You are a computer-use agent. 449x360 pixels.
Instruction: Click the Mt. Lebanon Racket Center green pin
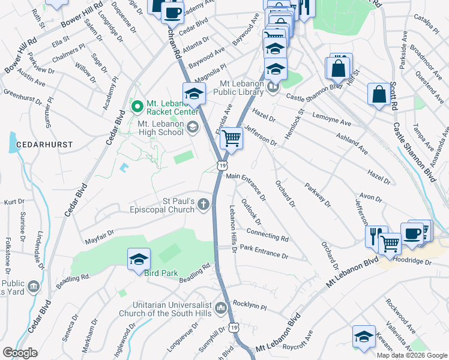pyautogui.click(x=137, y=107)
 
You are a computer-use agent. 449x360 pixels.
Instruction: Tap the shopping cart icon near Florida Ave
pyautogui.click(x=231, y=139)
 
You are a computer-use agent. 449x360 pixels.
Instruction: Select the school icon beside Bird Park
pyautogui.click(x=139, y=259)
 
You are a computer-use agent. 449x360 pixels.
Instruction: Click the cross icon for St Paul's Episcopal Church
pyautogui.click(x=204, y=205)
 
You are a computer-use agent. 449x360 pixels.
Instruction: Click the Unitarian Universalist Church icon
pyautogui.click(x=221, y=308)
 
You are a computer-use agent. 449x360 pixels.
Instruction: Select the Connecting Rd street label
pyautogui.click(x=267, y=234)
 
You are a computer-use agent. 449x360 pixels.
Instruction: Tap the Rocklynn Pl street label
pyautogui.click(x=249, y=305)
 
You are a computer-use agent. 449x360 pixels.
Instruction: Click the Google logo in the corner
pyautogui.click(x=20, y=353)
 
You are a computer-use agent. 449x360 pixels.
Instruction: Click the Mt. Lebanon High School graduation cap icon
pyautogui.click(x=193, y=125)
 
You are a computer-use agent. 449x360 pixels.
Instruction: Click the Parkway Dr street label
pyautogui.click(x=318, y=195)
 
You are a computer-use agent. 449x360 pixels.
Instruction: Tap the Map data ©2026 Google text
pyautogui.click(x=412, y=355)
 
